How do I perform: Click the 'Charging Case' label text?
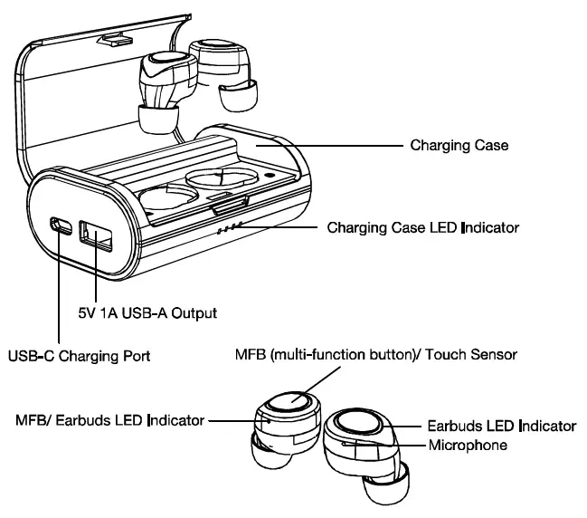[459, 145]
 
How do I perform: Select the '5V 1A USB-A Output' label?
[147, 312]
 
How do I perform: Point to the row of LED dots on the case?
[228, 228]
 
